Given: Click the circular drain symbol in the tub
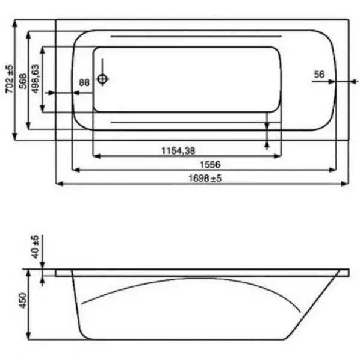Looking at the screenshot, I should point(103,78).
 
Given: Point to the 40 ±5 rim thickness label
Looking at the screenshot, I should point(34,246).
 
